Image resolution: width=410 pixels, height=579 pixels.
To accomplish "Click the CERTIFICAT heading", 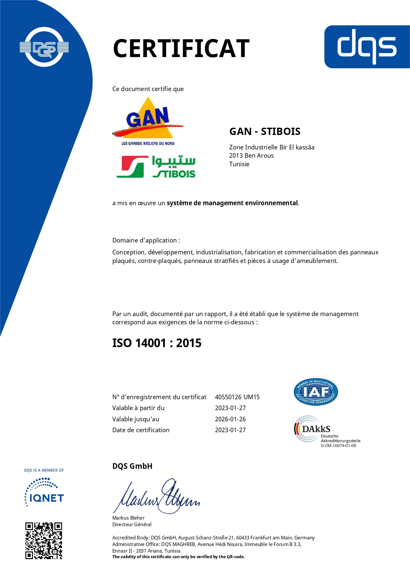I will coord(181,48).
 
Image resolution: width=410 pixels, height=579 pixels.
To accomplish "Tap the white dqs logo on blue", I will coord(367,47).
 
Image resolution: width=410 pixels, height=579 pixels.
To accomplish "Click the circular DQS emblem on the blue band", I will coord(44,47).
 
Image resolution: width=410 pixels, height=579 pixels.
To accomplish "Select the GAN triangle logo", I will coord(148,120).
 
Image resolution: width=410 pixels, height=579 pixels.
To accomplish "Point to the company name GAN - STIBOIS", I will coord(265,131).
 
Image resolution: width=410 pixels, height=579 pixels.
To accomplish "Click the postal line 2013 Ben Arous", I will coord(251,156).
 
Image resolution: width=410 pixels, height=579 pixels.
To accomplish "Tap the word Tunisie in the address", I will coord(239,164).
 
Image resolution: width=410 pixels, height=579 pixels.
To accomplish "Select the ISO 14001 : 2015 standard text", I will coord(157,343).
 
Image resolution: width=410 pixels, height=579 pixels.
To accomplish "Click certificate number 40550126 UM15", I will coord(237,397).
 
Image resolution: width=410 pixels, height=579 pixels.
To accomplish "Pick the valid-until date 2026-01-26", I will coord(230,419).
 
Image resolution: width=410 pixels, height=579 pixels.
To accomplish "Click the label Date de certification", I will coord(141,430).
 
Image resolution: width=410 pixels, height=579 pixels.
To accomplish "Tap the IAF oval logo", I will coord(316,392).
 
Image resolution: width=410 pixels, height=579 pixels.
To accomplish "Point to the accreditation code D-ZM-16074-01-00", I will coord(338,446).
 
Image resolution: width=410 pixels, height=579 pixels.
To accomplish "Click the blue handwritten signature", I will coord(157,497).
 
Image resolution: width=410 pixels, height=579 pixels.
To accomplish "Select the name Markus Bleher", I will coord(128,518).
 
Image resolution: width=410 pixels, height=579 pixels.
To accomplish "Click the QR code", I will coord(44,541).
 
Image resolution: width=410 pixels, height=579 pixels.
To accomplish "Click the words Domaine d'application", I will coord(146,240).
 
